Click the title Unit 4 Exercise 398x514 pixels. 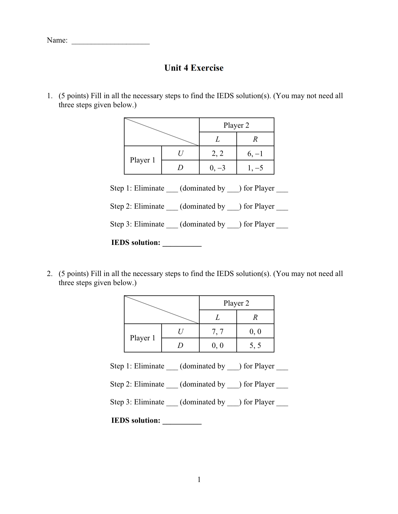[194, 68]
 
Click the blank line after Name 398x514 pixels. [110, 43]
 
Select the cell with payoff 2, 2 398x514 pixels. [218, 154]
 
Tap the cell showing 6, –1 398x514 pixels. [255, 154]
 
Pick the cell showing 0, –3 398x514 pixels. [218, 168]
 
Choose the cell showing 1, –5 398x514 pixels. [255, 168]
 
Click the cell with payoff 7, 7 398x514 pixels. [218, 332]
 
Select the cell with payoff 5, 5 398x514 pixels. [255, 345]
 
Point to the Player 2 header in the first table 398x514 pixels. [236, 125]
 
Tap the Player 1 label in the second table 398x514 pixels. [143, 338]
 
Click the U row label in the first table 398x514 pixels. [180, 154]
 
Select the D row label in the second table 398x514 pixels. [180, 345]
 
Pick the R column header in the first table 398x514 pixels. [255, 139]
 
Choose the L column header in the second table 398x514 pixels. [218, 317]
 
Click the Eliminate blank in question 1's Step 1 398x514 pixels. [172, 190]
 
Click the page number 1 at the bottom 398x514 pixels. [199, 480]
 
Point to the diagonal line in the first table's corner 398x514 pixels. [162, 132]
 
